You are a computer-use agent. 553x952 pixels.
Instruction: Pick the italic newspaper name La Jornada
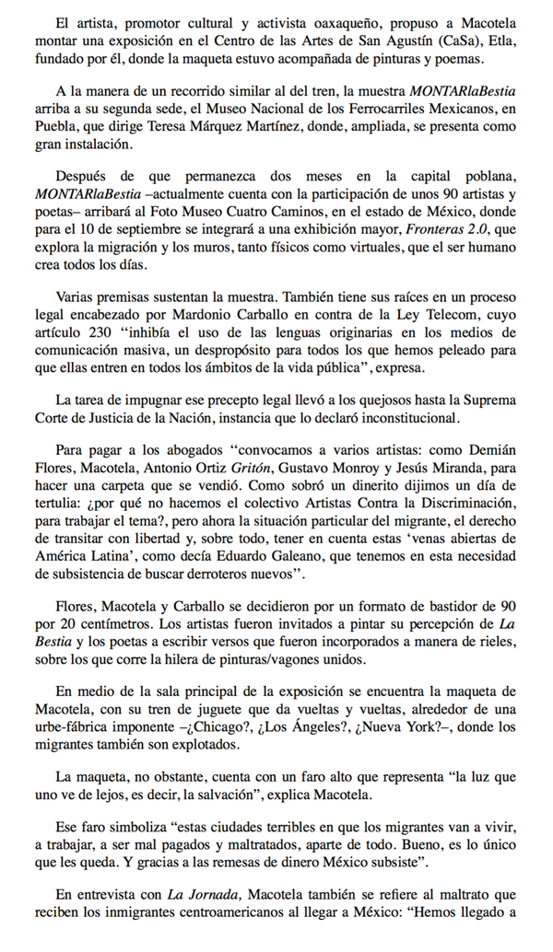198,894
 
